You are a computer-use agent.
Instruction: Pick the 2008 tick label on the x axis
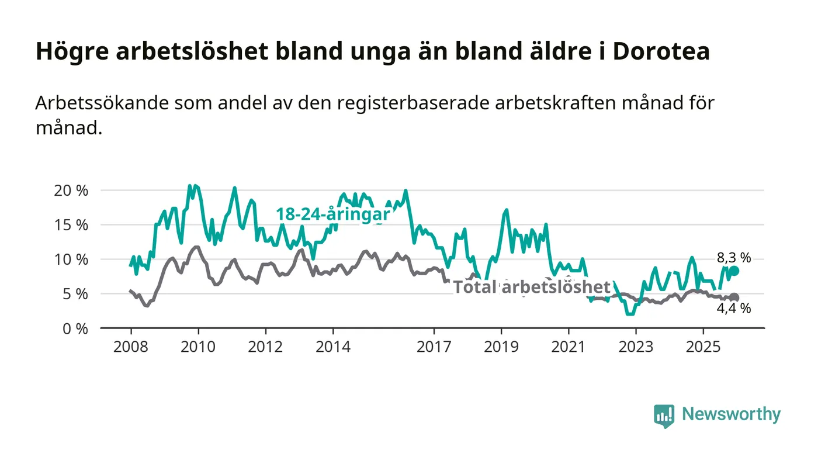point(131,347)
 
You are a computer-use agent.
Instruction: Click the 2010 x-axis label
point(198,347)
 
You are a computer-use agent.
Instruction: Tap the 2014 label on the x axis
point(333,347)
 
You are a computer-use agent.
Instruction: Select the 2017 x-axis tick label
point(434,347)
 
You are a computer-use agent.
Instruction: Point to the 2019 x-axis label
point(501,347)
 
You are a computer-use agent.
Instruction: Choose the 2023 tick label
point(636,347)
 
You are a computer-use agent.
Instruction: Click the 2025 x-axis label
point(703,347)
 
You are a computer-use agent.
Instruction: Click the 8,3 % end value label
point(734,258)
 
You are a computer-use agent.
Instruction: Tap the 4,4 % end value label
point(734,309)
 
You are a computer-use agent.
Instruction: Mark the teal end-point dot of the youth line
point(734,271)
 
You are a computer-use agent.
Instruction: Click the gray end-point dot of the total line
point(734,297)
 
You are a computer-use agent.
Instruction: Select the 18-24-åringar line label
point(333,214)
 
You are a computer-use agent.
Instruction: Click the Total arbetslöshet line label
point(532,287)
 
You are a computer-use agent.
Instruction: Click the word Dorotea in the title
point(661,51)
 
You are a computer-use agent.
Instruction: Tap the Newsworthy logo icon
point(664,415)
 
